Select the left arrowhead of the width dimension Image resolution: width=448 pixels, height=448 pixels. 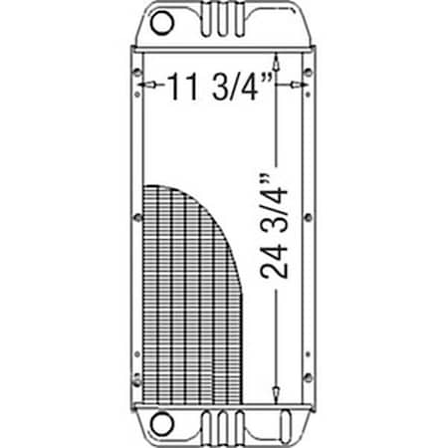(146, 89)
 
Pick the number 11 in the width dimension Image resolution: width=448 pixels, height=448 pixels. (179, 89)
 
